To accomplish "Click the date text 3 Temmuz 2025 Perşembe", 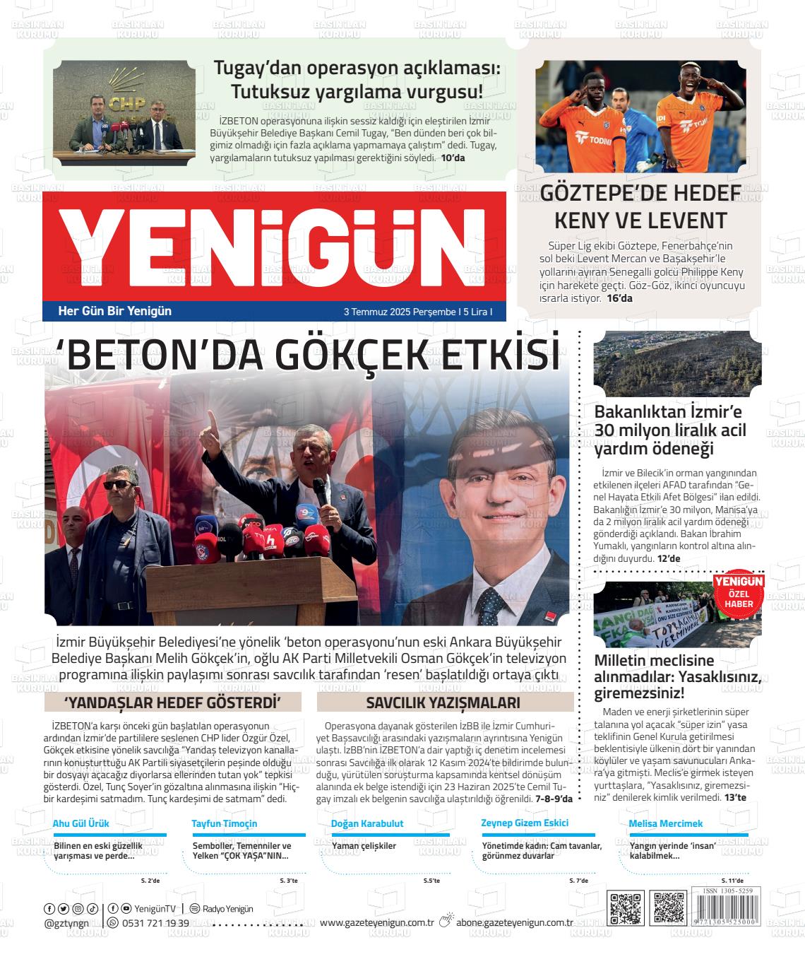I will pos(399,312).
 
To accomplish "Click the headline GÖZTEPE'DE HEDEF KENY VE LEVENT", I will pos(640,206).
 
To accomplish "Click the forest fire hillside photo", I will pos(677,363).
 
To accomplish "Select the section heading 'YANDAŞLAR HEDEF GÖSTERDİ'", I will pos(173,703).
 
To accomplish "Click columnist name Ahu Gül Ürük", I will pos(81,823).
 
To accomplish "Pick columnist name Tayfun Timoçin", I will pos(224,823).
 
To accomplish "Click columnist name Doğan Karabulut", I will pos(367,823).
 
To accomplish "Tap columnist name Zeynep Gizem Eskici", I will pos(525,823).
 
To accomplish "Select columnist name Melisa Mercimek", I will pos(666,823).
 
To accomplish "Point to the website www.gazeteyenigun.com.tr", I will pos(376,922).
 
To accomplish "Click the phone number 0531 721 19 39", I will pos(155,923).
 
